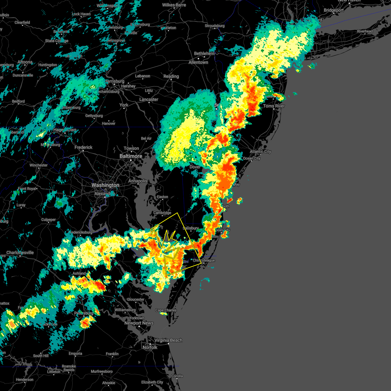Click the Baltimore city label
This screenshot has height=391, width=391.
coord(131,156)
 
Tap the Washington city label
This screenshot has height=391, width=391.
coord(105,185)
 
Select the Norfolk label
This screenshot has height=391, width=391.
coord(150,348)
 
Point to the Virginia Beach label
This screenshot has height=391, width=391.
coord(168,340)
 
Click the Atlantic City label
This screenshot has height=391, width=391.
coord(260,152)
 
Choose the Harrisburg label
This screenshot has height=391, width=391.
coord(115,81)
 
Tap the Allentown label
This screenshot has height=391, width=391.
coord(198,62)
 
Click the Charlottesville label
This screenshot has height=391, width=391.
coord(20,253)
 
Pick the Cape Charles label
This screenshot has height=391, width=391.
coord(166,310)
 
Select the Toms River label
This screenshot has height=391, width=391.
coord(274,106)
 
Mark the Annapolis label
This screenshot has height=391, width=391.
coord(138,181)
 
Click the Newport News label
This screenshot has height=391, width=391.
coord(139,323)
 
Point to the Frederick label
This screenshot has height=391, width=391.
coord(83,147)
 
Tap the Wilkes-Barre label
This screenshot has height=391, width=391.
coord(174,5)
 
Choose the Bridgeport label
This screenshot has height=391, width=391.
coord(334,10)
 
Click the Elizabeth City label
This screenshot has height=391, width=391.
coord(152,382)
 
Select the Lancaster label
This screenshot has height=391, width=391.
coord(149,99)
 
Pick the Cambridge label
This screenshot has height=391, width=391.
coord(162,213)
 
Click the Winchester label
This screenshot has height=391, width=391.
coord(38,165)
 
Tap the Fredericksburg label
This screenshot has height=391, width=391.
coord(80,232)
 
